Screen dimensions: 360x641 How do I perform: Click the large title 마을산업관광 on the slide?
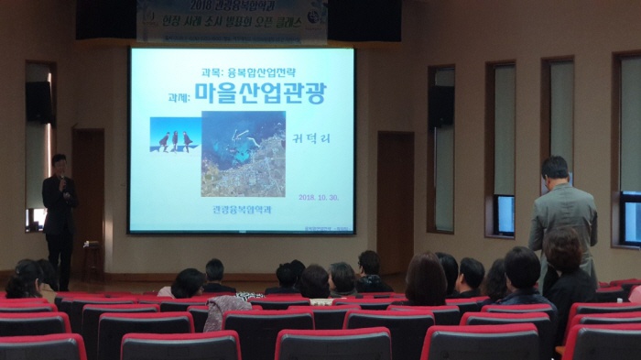(261, 92)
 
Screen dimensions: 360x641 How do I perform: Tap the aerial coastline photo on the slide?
(243, 153)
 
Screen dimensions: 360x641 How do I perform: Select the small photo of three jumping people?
(174, 135)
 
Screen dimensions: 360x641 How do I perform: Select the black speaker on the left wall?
(38, 102)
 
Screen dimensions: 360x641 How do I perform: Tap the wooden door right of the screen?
(395, 202)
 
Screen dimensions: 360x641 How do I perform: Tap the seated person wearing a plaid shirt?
(223, 310)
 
